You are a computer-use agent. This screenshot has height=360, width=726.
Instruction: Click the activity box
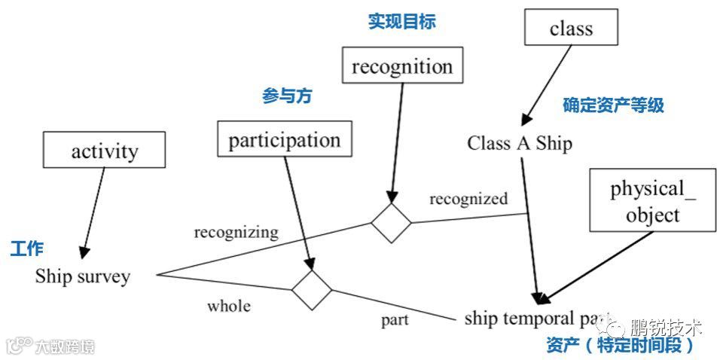click(105, 150)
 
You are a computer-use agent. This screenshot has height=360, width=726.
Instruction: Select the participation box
click(285, 139)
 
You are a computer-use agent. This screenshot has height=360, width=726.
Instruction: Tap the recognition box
click(402, 66)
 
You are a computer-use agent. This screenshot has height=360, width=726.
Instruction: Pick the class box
click(571, 28)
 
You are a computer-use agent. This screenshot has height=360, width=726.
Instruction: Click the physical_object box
click(652, 200)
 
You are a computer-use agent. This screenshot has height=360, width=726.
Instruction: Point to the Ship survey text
click(83, 276)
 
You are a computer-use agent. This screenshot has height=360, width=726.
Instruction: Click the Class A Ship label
click(520, 143)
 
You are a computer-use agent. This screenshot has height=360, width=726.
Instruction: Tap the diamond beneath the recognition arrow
click(392, 223)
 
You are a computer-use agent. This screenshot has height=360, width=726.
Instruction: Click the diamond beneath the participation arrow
click(312, 289)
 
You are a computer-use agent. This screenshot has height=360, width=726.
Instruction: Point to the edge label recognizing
click(236, 232)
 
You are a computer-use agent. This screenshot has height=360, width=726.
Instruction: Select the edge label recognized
click(468, 199)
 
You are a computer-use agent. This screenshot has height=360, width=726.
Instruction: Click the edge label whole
click(229, 306)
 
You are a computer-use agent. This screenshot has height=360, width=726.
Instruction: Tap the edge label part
click(395, 319)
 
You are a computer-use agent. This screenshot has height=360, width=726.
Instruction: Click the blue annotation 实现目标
click(401, 21)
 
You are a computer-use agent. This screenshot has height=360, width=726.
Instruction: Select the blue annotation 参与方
click(287, 96)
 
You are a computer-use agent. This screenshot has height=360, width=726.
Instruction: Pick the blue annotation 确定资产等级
click(613, 105)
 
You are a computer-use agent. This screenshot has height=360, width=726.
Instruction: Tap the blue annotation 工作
click(26, 249)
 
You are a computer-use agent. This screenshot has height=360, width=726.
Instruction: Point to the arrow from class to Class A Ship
click(548, 84)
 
